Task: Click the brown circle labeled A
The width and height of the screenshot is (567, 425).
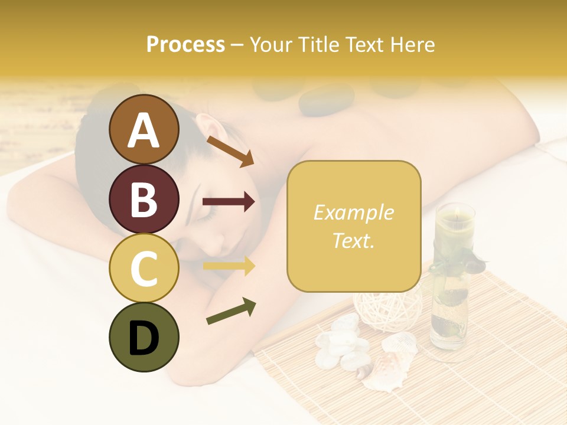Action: tap(144, 129)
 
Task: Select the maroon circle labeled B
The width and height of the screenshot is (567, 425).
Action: tap(144, 199)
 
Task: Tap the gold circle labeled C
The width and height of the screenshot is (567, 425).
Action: tap(144, 268)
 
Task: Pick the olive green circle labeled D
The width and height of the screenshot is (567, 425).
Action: tap(144, 337)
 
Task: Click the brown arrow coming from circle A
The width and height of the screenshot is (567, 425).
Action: tap(230, 151)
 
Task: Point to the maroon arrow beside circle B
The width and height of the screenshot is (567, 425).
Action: tap(229, 202)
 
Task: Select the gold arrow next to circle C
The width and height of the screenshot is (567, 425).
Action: tap(229, 266)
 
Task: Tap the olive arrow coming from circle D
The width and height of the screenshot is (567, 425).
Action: tap(231, 311)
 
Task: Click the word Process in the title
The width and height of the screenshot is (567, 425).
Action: tap(185, 44)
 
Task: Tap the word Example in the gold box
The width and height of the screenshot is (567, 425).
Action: tap(353, 212)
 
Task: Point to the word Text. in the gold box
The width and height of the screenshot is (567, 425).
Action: tap(353, 240)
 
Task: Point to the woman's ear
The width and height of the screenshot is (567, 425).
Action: tap(207, 127)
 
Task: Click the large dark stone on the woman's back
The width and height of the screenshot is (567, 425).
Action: tap(326, 100)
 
